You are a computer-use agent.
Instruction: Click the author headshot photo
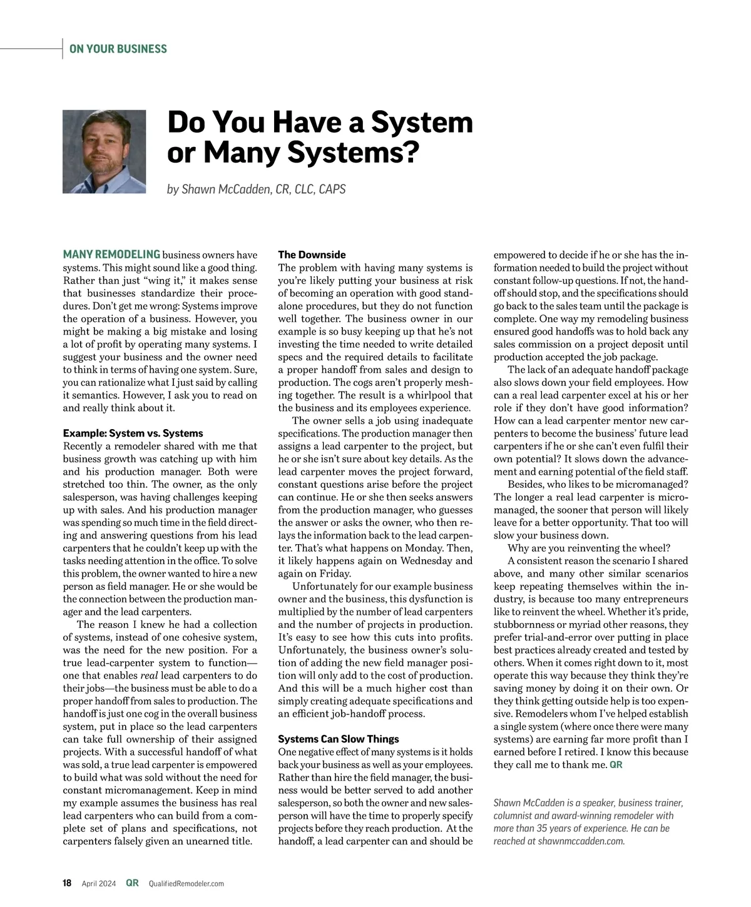pos(104,152)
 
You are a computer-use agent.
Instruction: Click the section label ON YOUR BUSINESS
pos(118,49)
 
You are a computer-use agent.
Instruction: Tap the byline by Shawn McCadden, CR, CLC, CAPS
pos(256,189)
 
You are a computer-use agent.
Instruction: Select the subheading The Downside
pos(312,255)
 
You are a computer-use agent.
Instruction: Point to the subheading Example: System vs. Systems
pos(133,433)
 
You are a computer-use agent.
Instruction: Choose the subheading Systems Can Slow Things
pos(338,739)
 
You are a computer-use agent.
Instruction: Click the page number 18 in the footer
pos(67,883)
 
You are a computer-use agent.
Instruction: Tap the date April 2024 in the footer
pos(99,883)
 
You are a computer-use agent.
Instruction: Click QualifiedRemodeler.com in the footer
pos(186,883)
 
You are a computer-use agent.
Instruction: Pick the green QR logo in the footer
pos(132,883)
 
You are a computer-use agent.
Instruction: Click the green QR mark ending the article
pos(616,764)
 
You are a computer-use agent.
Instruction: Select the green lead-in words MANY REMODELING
pos(111,255)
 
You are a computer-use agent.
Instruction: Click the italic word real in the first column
pos(148,676)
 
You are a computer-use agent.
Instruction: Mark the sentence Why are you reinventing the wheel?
pos(589,548)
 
